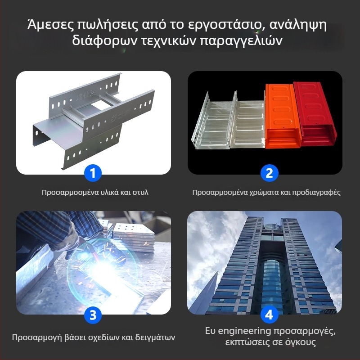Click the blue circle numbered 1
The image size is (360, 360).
click(93, 173)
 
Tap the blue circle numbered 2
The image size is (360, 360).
click(269, 173)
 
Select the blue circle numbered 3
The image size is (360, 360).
click(93, 315)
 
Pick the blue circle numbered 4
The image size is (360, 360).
click(269, 315)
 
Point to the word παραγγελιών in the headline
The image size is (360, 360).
click(241, 41)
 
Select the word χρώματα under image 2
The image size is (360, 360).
click(264, 193)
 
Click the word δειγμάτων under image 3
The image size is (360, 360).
click(155, 337)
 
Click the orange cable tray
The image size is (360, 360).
click(282, 116)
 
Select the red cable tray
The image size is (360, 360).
click(315, 114)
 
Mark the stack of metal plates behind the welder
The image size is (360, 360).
click(134, 237)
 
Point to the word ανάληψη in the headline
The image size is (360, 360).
click(298, 26)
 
